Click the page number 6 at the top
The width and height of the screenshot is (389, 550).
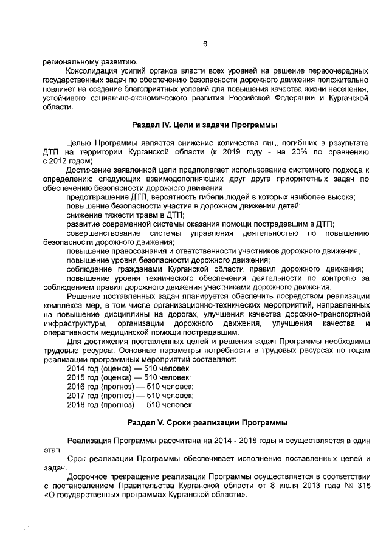tap(205, 44)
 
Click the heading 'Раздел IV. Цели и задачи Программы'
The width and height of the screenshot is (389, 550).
tap(205, 125)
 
